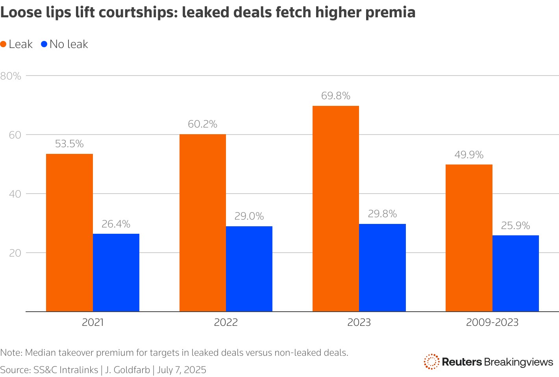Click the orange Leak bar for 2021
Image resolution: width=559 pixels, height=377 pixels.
(69, 232)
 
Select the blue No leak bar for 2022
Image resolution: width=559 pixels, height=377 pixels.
(249, 269)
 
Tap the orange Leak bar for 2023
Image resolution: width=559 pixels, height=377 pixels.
(335, 209)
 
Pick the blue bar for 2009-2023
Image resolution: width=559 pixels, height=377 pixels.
(515, 273)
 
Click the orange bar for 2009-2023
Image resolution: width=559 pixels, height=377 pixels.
(469, 238)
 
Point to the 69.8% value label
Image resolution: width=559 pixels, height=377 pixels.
(335, 96)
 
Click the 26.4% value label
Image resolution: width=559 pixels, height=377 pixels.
(116, 224)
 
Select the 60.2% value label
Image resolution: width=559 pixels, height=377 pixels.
(202, 124)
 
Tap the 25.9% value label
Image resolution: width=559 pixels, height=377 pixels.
(515, 226)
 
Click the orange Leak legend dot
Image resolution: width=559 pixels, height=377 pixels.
(4, 44)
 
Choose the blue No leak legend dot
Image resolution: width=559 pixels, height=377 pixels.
(44, 44)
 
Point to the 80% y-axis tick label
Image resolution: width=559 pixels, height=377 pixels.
(11, 76)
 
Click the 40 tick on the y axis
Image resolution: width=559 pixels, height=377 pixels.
(15, 194)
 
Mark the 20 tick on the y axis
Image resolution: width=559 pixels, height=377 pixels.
(15, 253)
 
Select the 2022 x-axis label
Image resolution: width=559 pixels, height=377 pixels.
(226, 323)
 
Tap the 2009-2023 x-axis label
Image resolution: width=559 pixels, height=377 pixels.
(492, 323)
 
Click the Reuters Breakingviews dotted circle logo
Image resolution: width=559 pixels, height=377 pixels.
(431, 362)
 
